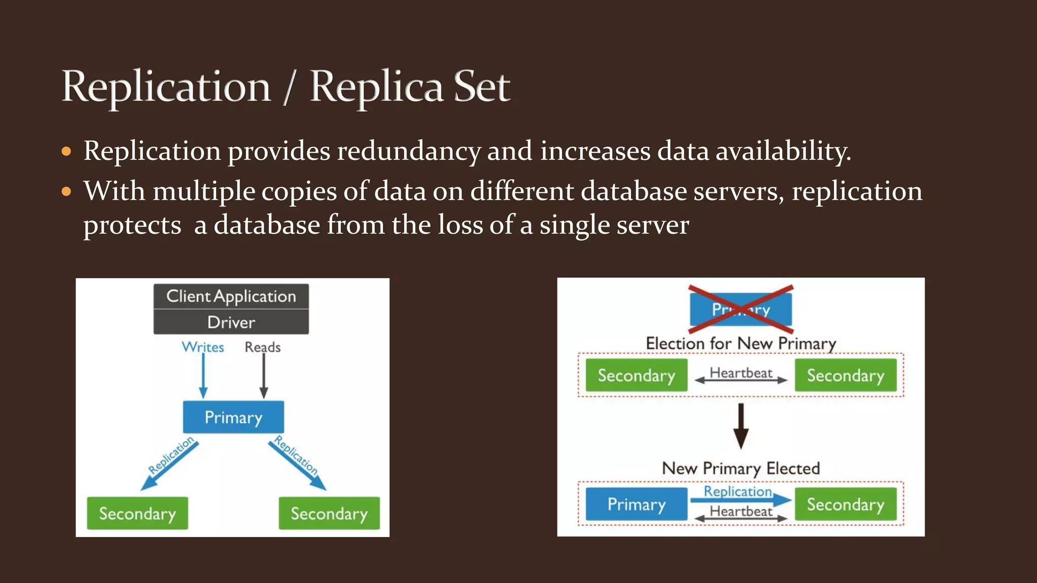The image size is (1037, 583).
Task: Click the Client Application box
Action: click(231, 296)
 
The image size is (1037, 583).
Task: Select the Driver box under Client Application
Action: click(231, 322)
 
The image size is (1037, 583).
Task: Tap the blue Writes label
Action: click(203, 347)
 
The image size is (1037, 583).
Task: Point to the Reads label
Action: click(262, 347)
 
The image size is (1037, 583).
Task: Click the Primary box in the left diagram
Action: click(233, 418)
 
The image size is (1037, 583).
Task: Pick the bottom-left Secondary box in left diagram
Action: click(137, 514)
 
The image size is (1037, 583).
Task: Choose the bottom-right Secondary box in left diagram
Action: click(329, 514)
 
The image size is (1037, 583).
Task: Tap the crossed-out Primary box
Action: click(741, 309)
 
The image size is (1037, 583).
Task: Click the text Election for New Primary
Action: click(741, 344)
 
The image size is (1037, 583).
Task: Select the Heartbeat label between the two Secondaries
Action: click(741, 373)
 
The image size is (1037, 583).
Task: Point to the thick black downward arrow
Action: click(741, 426)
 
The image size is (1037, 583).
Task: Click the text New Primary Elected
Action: click(741, 469)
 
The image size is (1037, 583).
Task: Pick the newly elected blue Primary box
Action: click(636, 504)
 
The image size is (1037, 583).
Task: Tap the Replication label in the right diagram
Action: click(737, 491)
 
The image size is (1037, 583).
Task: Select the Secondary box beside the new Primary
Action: click(845, 504)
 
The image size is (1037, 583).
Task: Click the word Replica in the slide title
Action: click(376, 87)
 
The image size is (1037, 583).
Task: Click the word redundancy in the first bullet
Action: click(408, 151)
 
